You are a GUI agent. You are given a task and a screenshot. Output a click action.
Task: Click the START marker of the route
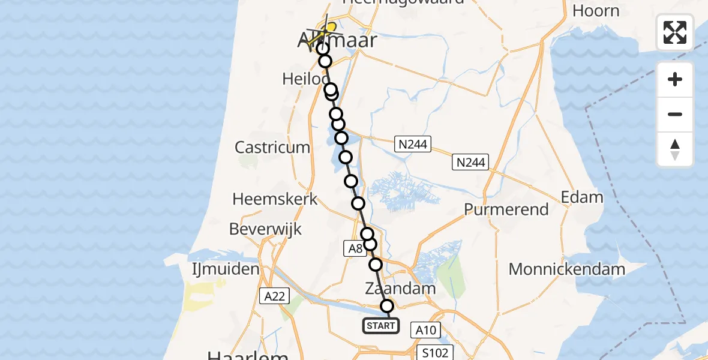pyautogui.click(x=380, y=326)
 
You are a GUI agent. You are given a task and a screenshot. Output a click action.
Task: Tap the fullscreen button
pyautogui.click(x=675, y=32)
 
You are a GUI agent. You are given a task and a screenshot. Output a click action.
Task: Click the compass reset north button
pyautogui.click(x=675, y=149)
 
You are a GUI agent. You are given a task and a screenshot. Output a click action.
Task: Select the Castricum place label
pyautogui.click(x=273, y=147)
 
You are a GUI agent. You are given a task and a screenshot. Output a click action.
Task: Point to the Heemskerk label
pyautogui.click(x=275, y=199)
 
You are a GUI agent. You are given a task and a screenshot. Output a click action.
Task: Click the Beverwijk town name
pyautogui.click(x=265, y=229)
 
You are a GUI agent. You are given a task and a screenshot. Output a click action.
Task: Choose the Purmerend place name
pyautogui.click(x=507, y=209)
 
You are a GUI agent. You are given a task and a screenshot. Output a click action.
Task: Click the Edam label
pyautogui.click(x=581, y=197)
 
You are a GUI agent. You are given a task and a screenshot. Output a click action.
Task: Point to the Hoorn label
pyautogui.click(x=595, y=11)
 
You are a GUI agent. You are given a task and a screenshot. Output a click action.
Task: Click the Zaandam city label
pyautogui.click(x=400, y=289)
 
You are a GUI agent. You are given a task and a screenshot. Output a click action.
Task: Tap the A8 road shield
pyautogui.click(x=355, y=247)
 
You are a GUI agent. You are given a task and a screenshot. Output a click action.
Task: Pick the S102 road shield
pyautogui.click(x=435, y=352)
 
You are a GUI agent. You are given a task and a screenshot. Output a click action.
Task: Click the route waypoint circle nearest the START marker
pyautogui.click(x=387, y=306)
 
